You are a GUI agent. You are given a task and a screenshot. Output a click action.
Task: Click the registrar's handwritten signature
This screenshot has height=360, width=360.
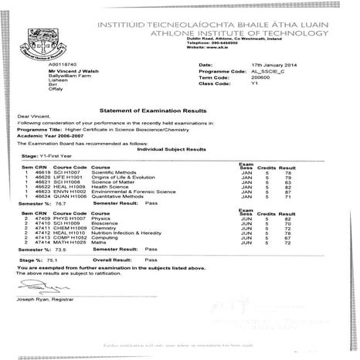point(29,287)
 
